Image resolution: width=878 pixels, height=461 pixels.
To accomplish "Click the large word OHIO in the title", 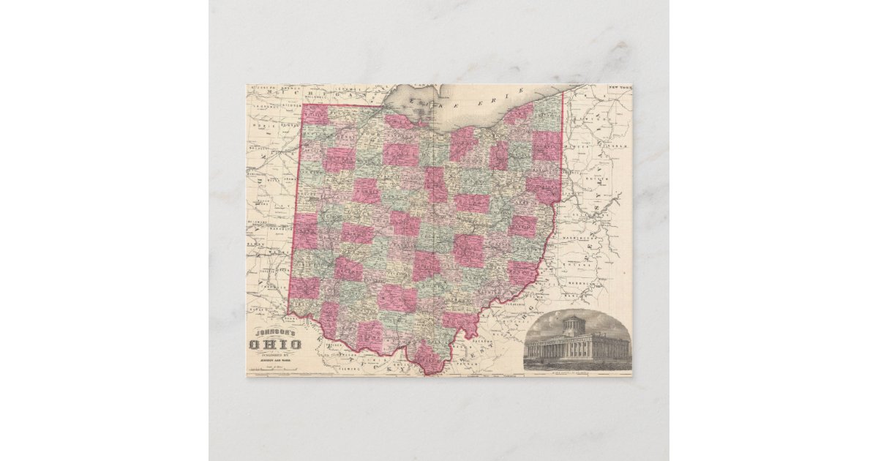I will point(275,345).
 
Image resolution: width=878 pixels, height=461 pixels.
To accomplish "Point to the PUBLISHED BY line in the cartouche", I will point(275,353).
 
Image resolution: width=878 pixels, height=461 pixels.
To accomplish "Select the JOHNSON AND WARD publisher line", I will point(275,359).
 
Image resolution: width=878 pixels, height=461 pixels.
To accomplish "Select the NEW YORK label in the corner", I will point(619,88).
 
